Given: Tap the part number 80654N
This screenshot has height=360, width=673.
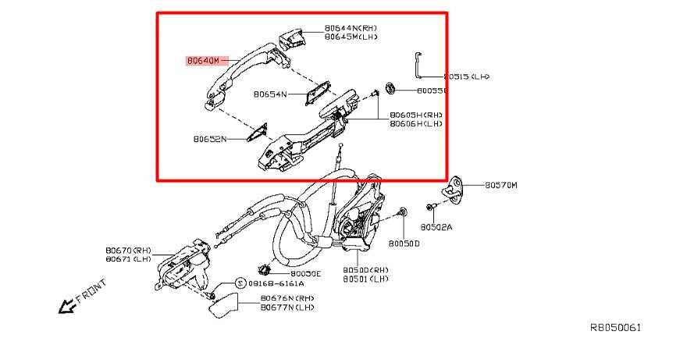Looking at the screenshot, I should pyautogui.click(x=269, y=94).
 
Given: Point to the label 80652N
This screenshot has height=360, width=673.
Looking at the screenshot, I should pyautogui.click(x=209, y=139).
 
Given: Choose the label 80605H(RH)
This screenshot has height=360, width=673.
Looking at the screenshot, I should pyautogui.click(x=415, y=114).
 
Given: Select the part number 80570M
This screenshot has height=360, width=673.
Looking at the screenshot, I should pyautogui.click(x=501, y=185).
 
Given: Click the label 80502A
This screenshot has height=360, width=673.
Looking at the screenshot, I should pyautogui.click(x=436, y=227).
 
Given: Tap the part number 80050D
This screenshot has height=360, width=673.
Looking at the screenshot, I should pyautogui.click(x=404, y=243).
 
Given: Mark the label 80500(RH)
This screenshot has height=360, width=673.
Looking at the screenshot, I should pyautogui.click(x=365, y=269).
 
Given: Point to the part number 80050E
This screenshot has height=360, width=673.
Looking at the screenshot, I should pyautogui.click(x=305, y=273).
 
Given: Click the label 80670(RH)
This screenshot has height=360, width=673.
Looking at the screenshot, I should pyautogui.click(x=128, y=251).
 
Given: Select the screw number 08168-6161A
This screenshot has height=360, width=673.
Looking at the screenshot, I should pyautogui.click(x=276, y=283).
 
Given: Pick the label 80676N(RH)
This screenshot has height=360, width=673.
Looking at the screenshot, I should pyautogui.click(x=287, y=298).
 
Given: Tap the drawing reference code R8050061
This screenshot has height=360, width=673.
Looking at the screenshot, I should pyautogui.click(x=614, y=328).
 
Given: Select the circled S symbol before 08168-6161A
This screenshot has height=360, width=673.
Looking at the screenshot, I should pyautogui.click(x=240, y=283).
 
